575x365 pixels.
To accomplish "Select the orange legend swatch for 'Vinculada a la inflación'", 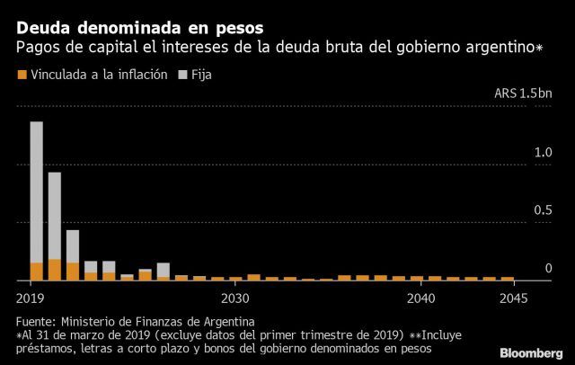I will (22, 76).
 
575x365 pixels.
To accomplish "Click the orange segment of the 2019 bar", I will (37, 271).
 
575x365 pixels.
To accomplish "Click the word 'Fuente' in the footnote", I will (35, 321).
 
